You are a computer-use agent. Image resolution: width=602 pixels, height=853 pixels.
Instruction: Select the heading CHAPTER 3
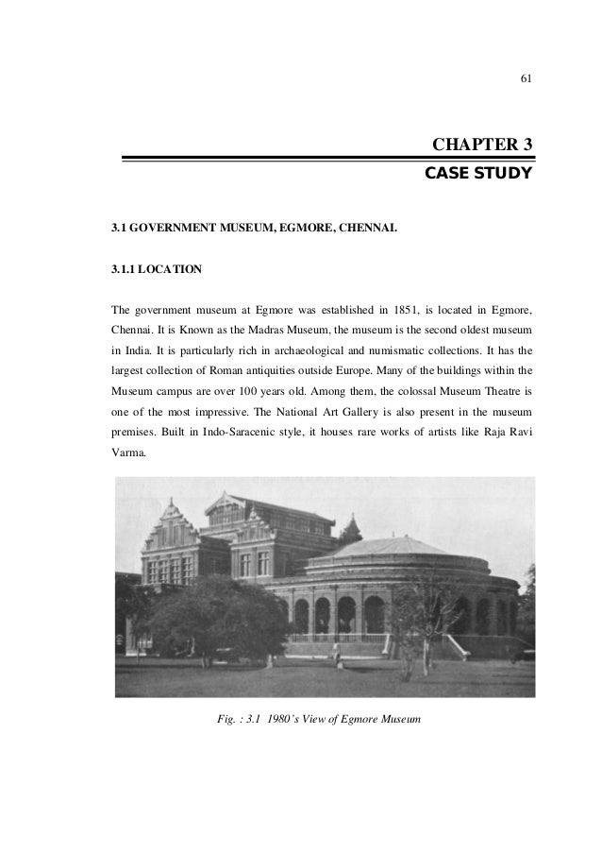pyautogui.click(x=482, y=145)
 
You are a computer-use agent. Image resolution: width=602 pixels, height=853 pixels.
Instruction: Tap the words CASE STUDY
pyautogui.click(x=479, y=175)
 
